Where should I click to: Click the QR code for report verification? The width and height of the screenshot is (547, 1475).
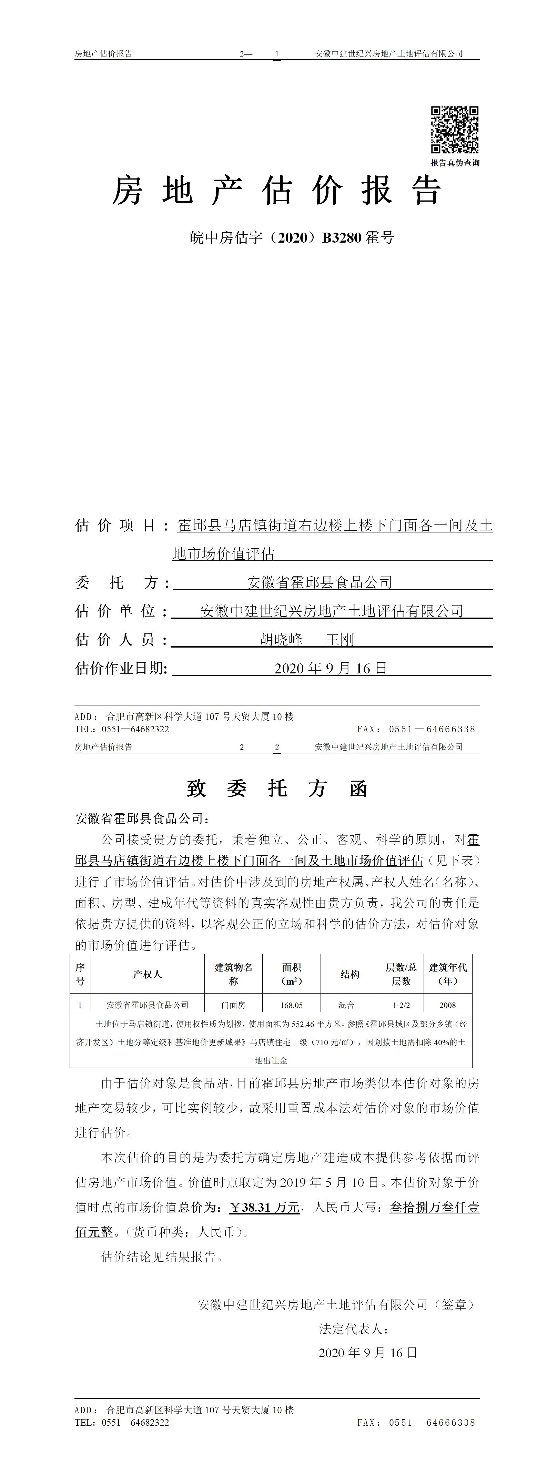pyautogui.click(x=455, y=130)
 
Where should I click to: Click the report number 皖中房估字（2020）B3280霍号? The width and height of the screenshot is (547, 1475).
pyautogui.click(x=292, y=238)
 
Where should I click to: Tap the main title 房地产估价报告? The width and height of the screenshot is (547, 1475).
pyautogui.click(x=277, y=191)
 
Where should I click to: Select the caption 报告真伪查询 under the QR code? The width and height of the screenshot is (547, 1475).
pyautogui.click(x=455, y=163)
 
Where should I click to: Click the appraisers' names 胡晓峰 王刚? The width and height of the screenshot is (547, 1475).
pyautogui.click(x=307, y=640)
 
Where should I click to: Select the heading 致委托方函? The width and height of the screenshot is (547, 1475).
pyautogui.click(x=277, y=789)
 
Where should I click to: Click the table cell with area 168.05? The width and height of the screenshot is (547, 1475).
pyautogui.click(x=292, y=1005)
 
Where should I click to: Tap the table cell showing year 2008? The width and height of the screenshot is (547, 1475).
pyautogui.click(x=447, y=1005)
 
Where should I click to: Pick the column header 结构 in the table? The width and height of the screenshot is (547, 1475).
pyautogui.click(x=350, y=975)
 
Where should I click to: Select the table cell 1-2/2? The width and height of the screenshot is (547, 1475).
pyautogui.click(x=401, y=1005)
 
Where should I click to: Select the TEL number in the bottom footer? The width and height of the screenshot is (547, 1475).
pyautogui.click(x=135, y=1422)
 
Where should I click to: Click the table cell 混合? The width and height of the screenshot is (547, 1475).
pyautogui.click(x=346, y=1005)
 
